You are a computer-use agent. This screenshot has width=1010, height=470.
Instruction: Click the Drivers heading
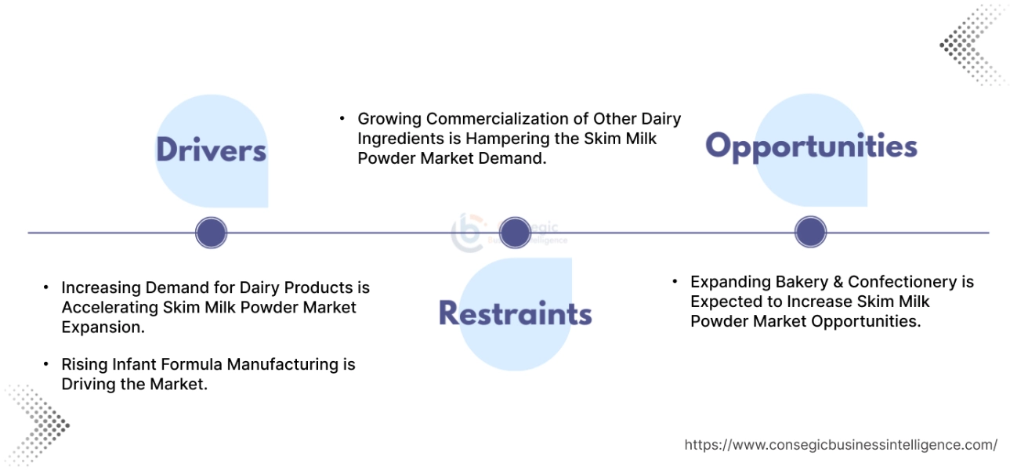[211, 150]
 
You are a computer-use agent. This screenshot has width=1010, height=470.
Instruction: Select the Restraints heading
[515, 313]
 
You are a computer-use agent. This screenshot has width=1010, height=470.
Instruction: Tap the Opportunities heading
[811, 146]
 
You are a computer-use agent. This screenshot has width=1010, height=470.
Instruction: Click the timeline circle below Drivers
[211, 233]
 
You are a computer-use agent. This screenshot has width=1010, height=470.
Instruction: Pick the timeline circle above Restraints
[515, 233]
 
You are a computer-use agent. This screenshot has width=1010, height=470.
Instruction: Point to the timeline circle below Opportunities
[810, 233]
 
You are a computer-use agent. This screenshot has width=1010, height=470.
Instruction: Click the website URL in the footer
[841, 445]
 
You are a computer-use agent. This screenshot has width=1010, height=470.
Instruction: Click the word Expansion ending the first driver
[103, 327]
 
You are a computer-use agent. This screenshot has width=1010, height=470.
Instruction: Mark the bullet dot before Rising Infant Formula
[47, 364]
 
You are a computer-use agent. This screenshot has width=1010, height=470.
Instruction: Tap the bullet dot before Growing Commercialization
[342, 119]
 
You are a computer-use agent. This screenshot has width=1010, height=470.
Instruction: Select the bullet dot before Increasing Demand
[47, 288]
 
